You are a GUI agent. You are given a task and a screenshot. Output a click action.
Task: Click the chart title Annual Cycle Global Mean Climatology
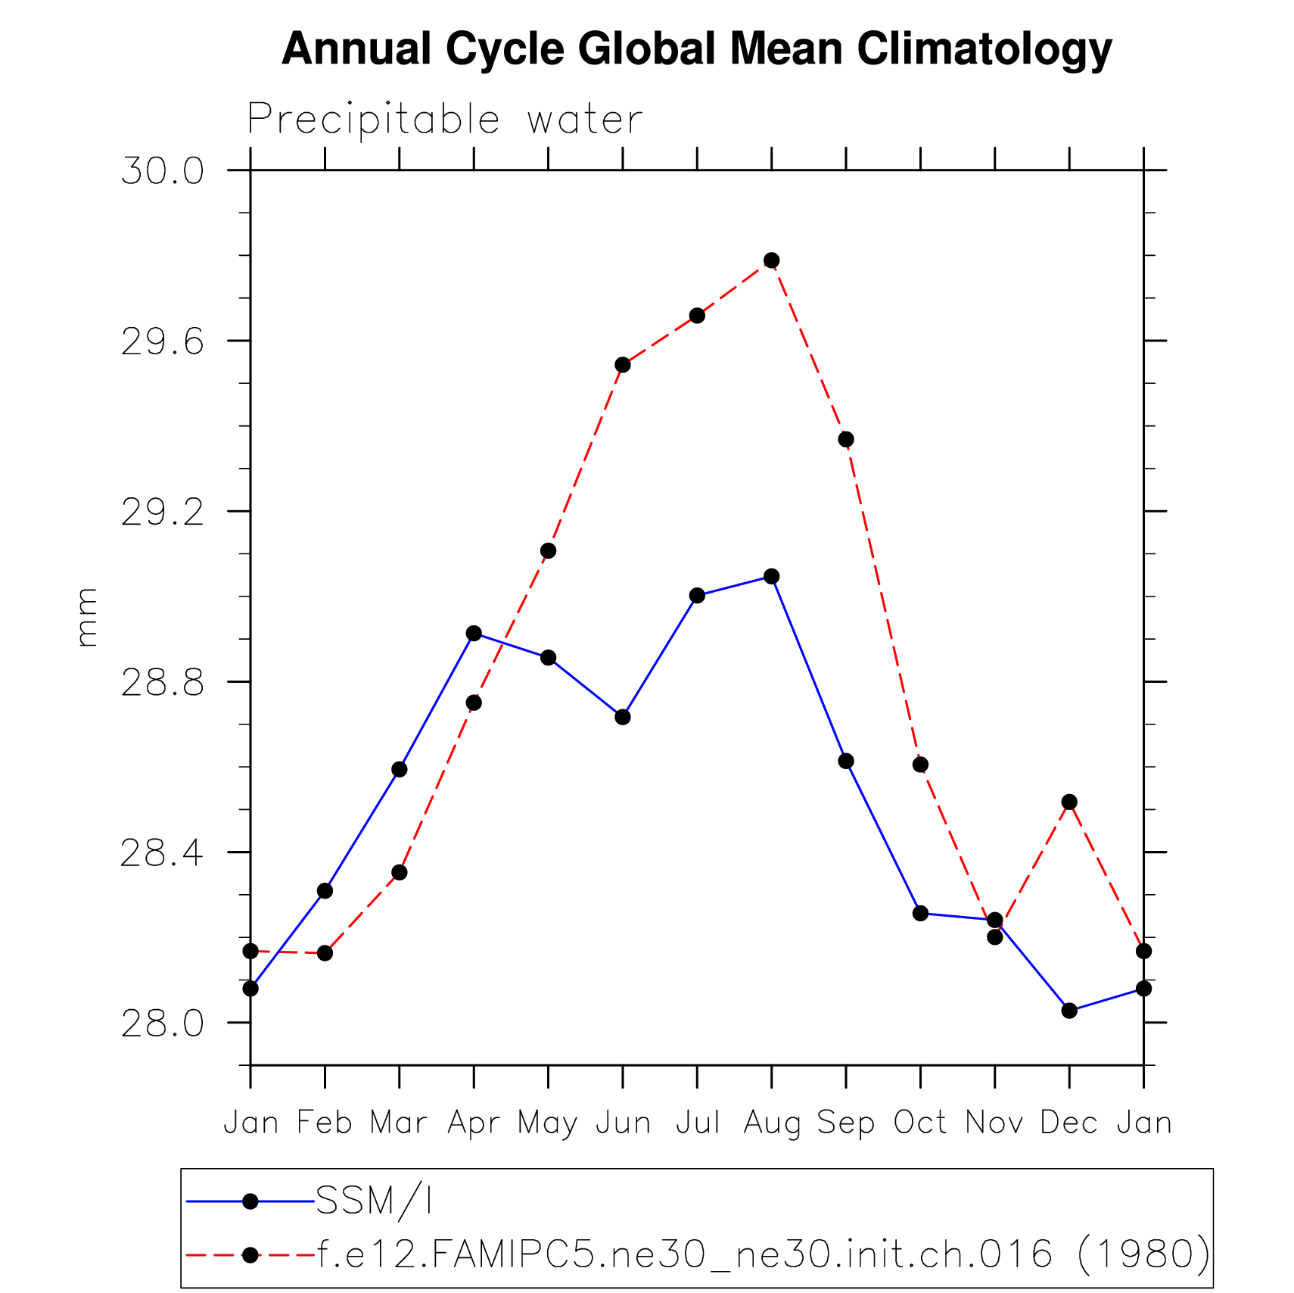pyautogui.click(x=696, y=49)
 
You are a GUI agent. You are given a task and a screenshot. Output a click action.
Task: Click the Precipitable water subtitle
pyautogui.click(x=445, y=120)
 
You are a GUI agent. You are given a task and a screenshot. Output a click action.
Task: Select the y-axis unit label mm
pyautogui.click(x=87, y=617)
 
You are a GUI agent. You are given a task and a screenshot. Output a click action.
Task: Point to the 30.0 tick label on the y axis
pyautogui.click(x=163, y=171)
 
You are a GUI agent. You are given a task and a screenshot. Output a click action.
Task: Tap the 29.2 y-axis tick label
pyautogui.click(x=163, y=513)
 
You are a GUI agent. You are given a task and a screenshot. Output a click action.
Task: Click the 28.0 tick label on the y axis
pyautogui.click(x=163, y=1023)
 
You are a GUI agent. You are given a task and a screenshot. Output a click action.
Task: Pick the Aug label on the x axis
pyautogui.click(x=771, y=1123)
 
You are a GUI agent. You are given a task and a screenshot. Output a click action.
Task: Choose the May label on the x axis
pyautogui.click(x=548, y=1123)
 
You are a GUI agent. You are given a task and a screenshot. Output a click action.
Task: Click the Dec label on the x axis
pyautogui.click(x=1068, y=1123)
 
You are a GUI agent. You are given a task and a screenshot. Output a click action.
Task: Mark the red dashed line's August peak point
pyautogui.click(x=771, y=260)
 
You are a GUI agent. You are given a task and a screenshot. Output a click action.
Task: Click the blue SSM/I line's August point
pyautogui.click(x=771, y=577)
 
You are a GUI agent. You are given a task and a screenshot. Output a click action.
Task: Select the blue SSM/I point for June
pyautogui.click(x=623, y=717)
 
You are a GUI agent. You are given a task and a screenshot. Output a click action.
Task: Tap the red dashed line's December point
pyautogui.click(x=1069, y=802)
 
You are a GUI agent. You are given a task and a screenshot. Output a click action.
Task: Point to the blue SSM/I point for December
pyautogui.click(x=1069, y=1011)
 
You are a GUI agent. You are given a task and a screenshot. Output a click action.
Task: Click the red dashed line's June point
pyautogui.click(x=623, y=365)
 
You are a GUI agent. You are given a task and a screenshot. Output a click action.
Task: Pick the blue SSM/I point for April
pyautogui.click(x=474, y=634)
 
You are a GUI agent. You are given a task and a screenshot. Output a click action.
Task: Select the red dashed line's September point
pyautogui.click(x=846, y=439)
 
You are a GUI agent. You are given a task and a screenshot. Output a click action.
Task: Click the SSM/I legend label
pyautogui.click(x=374, y=1201)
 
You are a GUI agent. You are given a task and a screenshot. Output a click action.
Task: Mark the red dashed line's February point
pyautogui.click(x=325, y=953)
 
